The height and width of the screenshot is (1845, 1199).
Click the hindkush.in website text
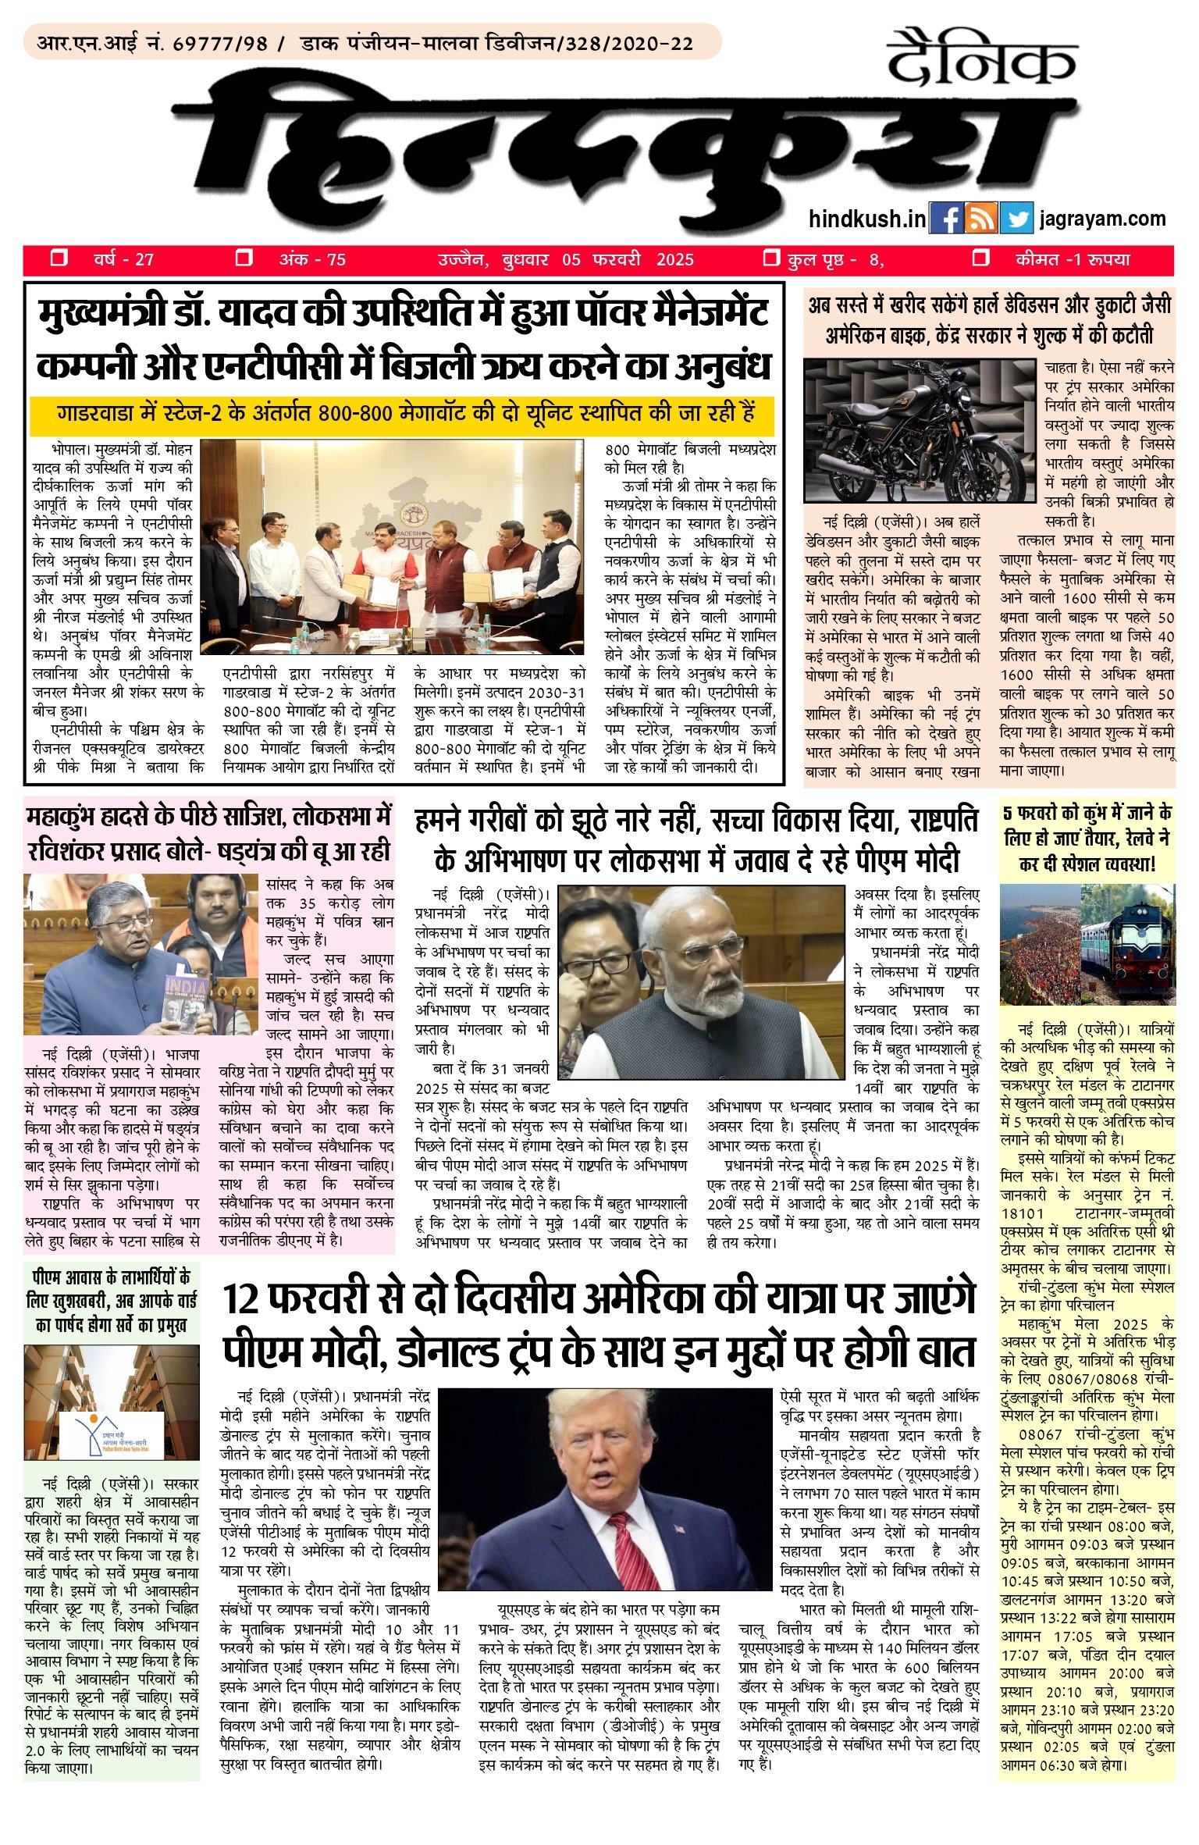[x=867, y=219]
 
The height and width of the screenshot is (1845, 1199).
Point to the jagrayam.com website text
[x=1102, y=219]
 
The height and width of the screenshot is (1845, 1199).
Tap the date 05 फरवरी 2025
[x=628, y=260]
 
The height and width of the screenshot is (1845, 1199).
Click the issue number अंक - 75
[x=312, y=260]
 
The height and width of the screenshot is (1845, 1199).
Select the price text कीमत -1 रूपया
[x=1073, y=260]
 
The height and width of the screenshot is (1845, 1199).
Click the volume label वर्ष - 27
[x=123, y=260]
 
